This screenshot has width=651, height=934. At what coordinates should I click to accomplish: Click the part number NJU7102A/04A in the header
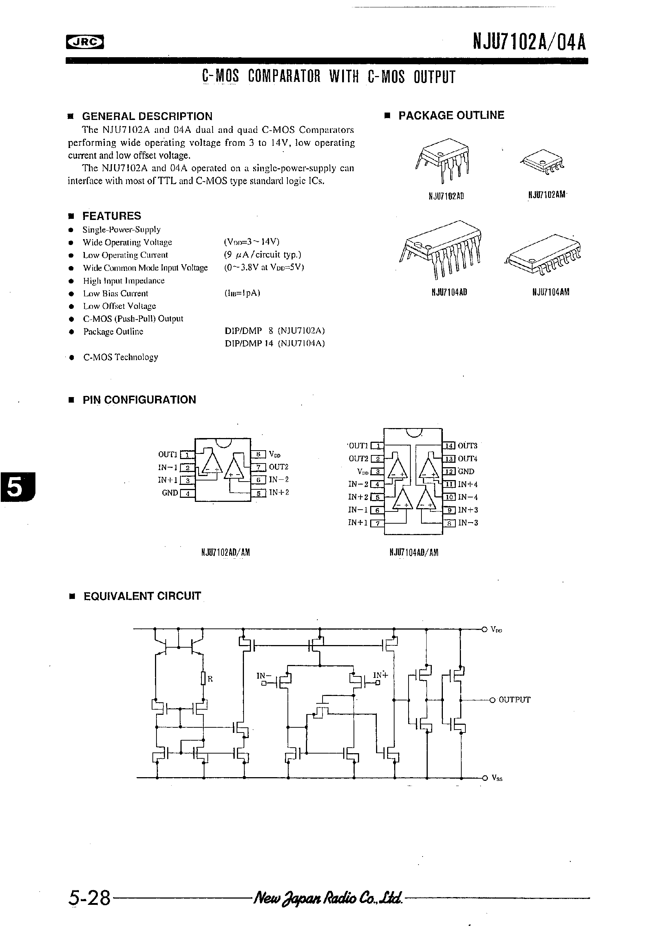tap(529, 42)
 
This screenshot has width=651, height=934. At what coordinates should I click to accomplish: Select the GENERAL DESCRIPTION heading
tap(147, 116)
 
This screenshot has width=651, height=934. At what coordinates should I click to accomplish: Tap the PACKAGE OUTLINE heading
tap(451, 116)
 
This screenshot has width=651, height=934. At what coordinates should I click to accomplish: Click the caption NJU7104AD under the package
tap(449, 292)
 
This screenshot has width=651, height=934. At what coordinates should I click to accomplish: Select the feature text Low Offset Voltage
tap(119, 306)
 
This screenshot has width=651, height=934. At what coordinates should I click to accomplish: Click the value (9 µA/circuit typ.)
tap(262, 255)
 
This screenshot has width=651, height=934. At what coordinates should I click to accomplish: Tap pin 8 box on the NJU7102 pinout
tap(258, 454)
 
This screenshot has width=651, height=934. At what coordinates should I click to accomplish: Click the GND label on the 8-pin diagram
tap(170, 493)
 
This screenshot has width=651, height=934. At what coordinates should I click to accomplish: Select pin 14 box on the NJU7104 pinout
tap(449, 446)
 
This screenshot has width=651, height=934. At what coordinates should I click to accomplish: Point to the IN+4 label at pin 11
tap(468, 485)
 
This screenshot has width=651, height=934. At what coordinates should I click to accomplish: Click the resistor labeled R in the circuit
tap(203, 679)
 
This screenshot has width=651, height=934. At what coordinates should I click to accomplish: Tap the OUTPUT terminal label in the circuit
tap(514, 700)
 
